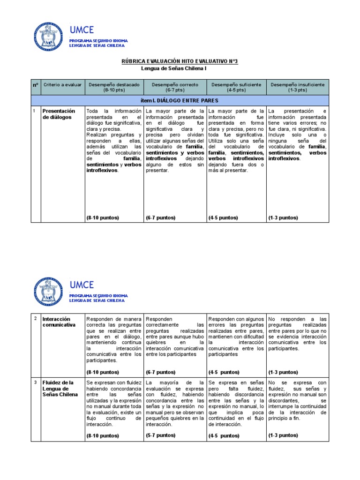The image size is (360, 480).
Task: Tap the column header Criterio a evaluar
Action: [63, 85]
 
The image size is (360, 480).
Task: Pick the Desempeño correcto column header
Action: [174, 87]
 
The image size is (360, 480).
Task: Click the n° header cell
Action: [36, 85]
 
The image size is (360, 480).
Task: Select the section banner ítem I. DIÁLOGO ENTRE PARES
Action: [180, 100]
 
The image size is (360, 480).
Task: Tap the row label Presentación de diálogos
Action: [59, 114]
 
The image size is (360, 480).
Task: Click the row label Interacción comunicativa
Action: [59, 322]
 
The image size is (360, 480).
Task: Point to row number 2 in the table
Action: [35, 319]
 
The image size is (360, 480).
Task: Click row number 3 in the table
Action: [35, 382]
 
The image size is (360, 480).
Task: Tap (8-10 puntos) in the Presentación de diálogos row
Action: [102, 217]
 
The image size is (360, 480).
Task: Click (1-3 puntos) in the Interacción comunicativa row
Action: [284, 372]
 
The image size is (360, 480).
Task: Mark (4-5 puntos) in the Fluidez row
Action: [224, 435]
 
